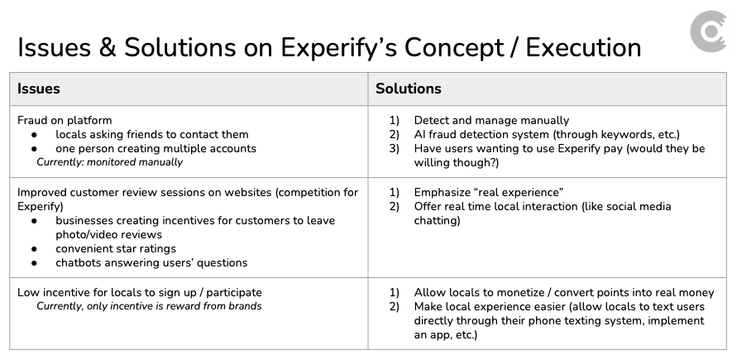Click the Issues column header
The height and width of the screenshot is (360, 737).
[x=38, y=89]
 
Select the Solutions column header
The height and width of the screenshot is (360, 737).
[x=408, y=89]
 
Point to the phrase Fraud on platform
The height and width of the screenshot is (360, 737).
[x=65, y=120]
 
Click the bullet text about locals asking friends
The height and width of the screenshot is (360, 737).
[x=151, y=134]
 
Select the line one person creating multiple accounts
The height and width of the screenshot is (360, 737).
[x=156, y=148]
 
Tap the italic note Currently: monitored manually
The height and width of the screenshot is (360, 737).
[x=109, y=162]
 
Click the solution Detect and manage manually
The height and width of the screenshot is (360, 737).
[x=491, y=120]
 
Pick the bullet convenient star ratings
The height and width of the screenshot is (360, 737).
[x=116, y=248]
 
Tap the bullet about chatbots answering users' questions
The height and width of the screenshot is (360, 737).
[x=151, y=263]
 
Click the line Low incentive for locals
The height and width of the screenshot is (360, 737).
[x=139, y=292]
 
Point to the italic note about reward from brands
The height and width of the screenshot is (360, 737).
[x=149, y=306]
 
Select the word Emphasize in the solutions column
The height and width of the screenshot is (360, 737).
[x=443, y=192]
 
